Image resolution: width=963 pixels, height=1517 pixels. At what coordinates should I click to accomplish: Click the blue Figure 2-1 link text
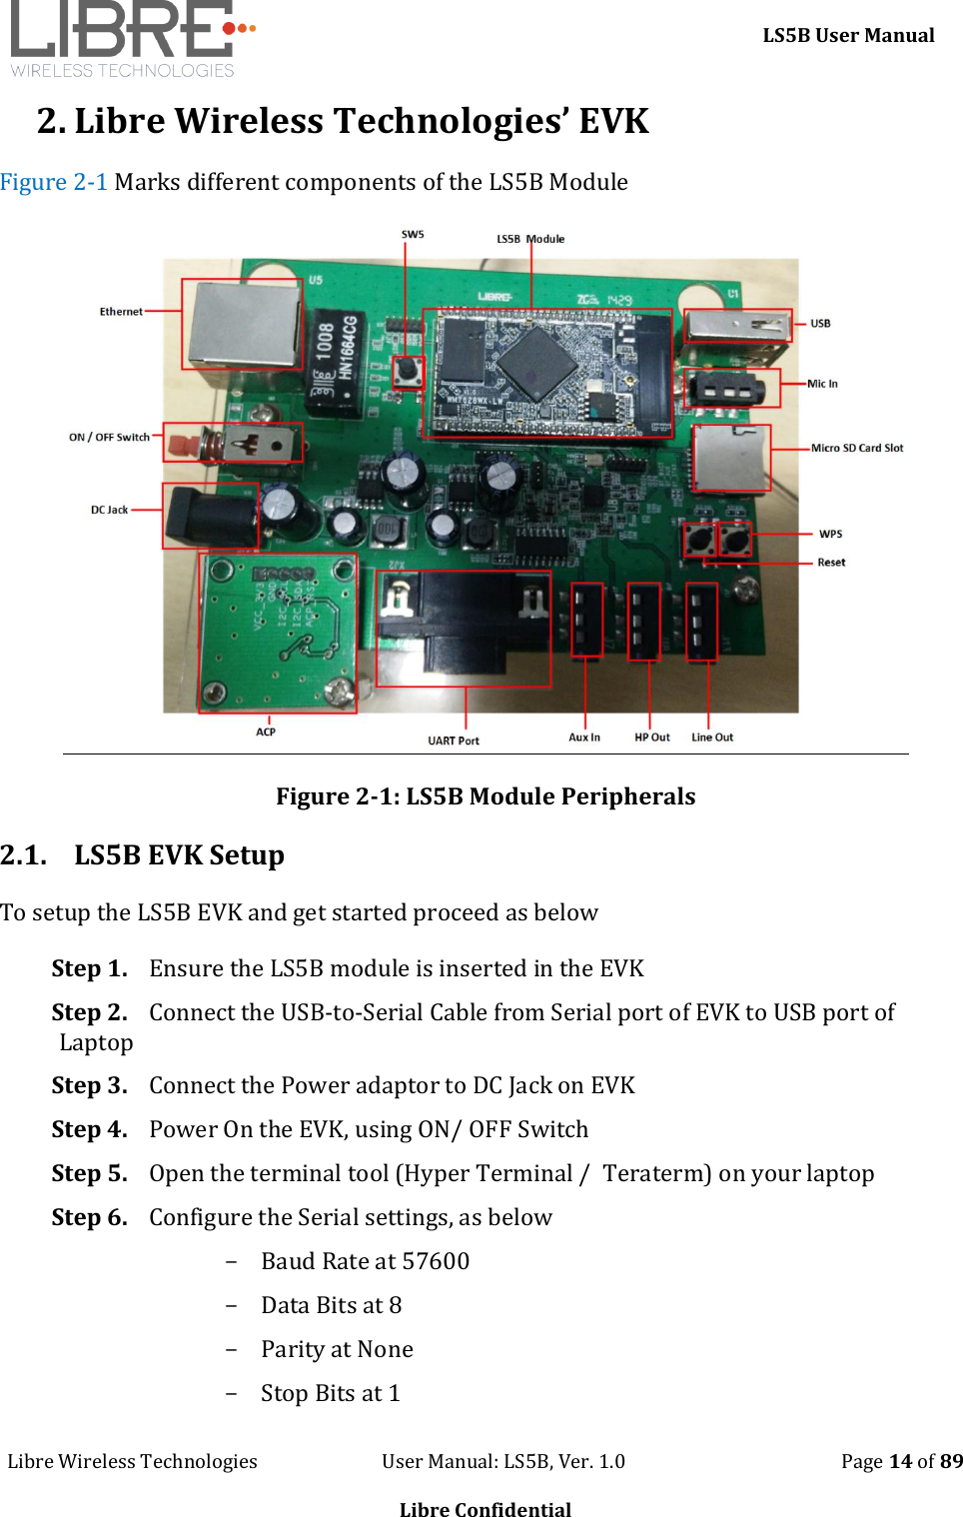click(x=54, y=182)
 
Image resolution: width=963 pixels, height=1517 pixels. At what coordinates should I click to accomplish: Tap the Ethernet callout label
click(x=121, y=312)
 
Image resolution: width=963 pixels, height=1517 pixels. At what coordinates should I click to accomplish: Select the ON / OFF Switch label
click(x=109, y=437)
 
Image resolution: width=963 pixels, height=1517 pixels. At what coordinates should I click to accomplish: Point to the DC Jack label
click(x=109, y=510)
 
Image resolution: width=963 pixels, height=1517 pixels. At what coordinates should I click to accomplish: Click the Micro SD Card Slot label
click(x=856, y=448)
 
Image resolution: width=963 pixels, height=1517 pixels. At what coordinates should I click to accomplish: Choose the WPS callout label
click(x=830, y=534)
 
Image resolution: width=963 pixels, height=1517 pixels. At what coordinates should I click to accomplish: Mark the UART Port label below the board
click(x=454, y=741)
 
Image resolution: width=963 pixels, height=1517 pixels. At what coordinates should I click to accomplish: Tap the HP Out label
click(x=652, y=738)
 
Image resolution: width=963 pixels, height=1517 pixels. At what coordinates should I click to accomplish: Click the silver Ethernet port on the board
click(x=243, y=324)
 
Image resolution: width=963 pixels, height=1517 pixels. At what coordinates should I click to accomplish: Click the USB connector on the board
click(x=736, y=325)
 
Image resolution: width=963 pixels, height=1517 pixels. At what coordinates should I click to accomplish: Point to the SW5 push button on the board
click(x=408, y=372)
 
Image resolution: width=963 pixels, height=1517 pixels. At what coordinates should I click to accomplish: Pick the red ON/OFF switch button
click(x=182, y=443)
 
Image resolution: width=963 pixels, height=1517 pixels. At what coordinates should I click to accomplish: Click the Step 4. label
click(x=89, y=1129)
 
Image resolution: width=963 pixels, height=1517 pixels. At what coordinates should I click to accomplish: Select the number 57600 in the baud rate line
click(x=436, y=1261)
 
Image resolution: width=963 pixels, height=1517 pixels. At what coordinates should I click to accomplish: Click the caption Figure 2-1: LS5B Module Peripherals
click(x=485, y=796)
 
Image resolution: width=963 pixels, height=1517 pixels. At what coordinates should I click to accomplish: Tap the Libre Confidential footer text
click(x=485, y=1509)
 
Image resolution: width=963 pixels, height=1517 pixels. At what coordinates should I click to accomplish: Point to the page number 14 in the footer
click(x=900, y=1461)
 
